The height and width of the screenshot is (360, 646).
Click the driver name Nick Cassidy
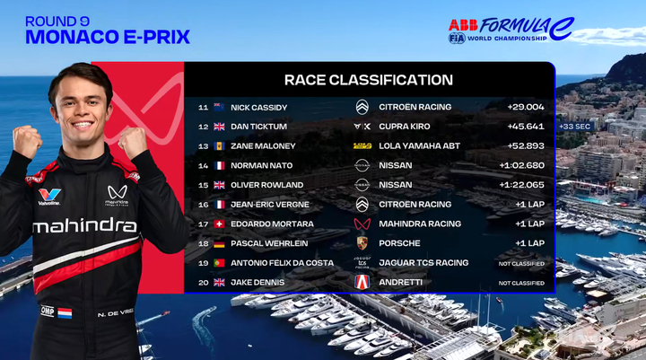(258, 108)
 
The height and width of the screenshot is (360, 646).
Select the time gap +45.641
(526, 127)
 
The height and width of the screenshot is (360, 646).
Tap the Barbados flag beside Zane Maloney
(219, 146)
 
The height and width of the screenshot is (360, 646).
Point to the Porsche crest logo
(362, 243)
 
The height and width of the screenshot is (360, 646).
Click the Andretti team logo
(362, 283)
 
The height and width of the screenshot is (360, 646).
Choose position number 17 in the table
(203, 224)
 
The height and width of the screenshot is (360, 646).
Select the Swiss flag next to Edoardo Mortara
(219, 224)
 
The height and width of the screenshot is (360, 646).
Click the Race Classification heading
(369, 80)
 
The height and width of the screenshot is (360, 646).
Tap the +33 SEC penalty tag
(575, 127)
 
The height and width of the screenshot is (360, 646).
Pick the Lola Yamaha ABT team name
(419, 146)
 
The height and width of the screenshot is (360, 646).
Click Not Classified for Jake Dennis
(521, 284)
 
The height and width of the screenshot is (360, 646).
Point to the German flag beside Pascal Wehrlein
(219, 243)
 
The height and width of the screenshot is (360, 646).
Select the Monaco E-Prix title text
(108, 37)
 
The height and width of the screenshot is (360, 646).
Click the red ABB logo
(463, 25)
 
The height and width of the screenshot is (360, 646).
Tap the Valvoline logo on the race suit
(49, 197)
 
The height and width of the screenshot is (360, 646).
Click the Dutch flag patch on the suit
(65, 313)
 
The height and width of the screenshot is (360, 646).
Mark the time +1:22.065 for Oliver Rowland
(521, 185)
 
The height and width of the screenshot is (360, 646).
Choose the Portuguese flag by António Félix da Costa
(219, 263)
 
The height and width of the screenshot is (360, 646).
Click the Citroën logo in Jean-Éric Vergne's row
(362, 205)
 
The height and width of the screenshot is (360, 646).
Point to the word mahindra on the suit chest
(85, 225)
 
